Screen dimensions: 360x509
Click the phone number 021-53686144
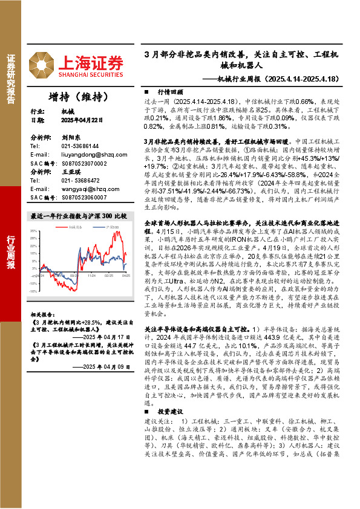pos(81,146)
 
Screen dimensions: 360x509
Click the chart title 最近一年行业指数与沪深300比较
pos(78,216)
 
